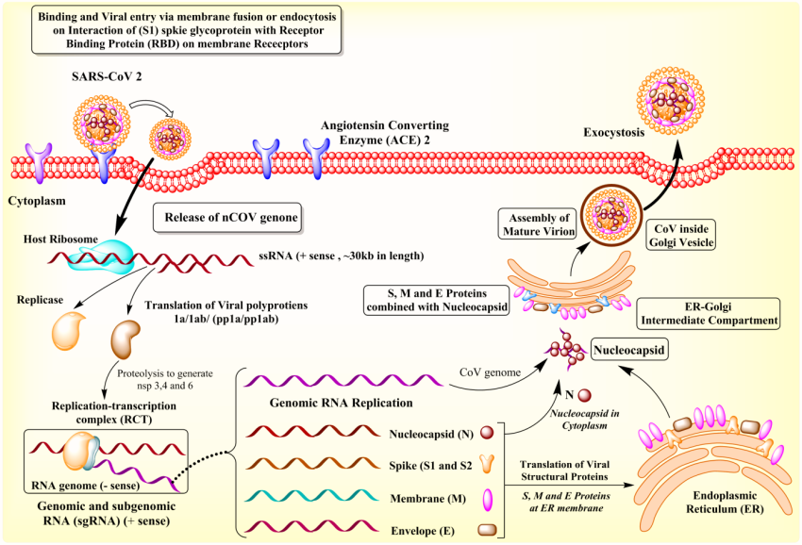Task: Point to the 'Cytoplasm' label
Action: coord(36,202)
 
